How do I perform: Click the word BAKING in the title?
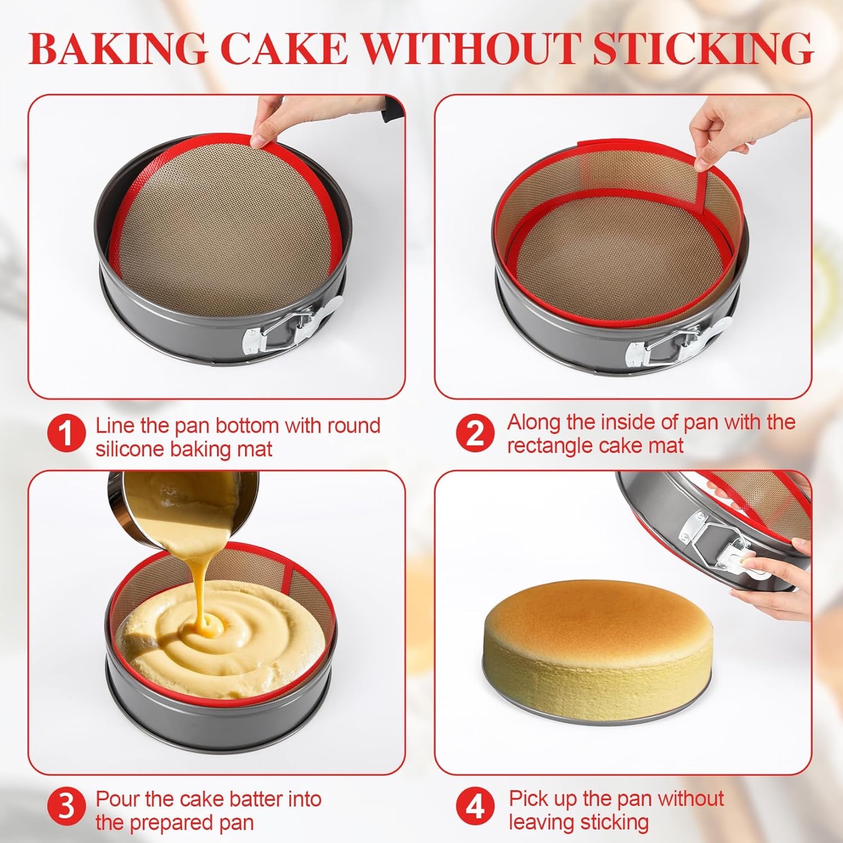pyautogui.click(x=117, y=48)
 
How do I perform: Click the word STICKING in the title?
pyautogui.click(x=703, y=48)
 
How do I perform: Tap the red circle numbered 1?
pyautogui.click(x=66, y=434)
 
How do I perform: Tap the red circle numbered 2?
pyautogui.click(x=475, y=433)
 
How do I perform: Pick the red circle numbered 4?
pyautogui.click(x=475, y=807)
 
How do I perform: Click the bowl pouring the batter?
pyautogui.click(x=185, y=509)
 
